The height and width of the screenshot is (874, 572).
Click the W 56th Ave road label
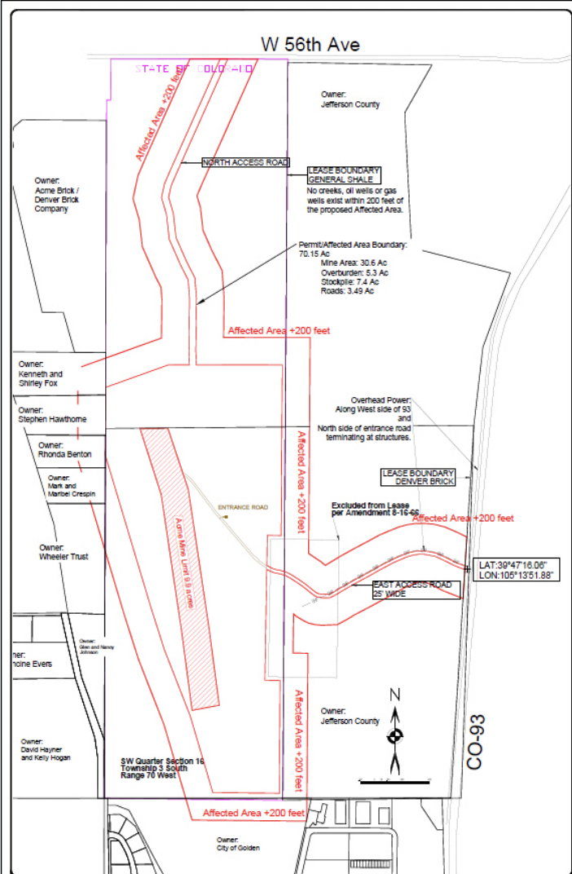[310, 44]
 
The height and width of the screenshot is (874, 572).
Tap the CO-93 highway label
[477, 739]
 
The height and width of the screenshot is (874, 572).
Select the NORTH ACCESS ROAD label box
[245, 163]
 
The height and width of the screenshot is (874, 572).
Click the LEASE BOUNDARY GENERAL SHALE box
[342, 174]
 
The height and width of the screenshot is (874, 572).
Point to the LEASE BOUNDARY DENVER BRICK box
[418, 477]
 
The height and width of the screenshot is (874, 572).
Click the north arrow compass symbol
[395, 734]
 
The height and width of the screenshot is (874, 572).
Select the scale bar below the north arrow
[395, 780]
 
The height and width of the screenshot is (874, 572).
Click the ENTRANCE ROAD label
[243, 507]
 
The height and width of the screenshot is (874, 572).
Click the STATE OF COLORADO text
[194, 69]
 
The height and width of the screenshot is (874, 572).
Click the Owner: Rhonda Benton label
[64, 450]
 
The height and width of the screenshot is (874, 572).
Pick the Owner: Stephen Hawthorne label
[52, 415]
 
